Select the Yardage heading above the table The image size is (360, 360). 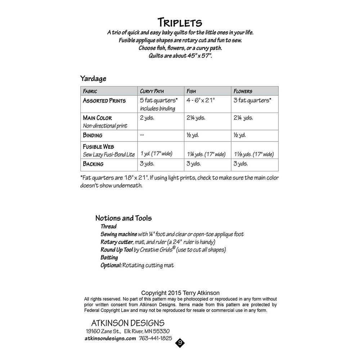tap(93, 78)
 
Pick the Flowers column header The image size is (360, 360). tap(243, 91)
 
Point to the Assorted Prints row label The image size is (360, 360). tap(104, 101)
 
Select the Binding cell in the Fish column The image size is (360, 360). tap(193, 135)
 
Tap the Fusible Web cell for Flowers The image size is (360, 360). tap(253, 154)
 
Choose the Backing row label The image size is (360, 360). tap(93, 164)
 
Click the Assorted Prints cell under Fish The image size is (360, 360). tap(201, 100)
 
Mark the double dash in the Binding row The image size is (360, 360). tap(143, 135)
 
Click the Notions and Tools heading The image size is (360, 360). tap(123, 218)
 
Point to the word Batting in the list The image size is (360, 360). tap(109, 258)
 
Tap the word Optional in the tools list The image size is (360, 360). tap(111, 266)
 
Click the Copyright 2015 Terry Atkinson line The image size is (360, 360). tap(180, 293)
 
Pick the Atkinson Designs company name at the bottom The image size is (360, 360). tap(125, 323)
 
